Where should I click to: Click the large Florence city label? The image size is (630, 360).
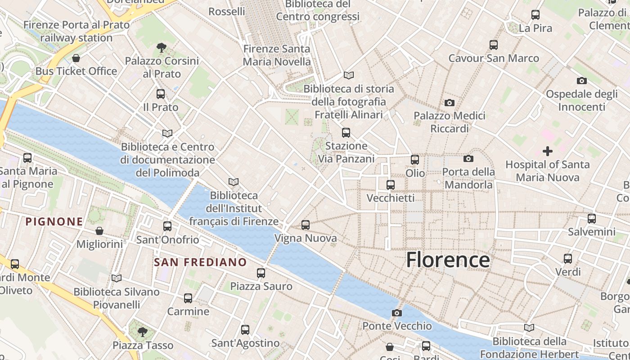[x=448, y=260]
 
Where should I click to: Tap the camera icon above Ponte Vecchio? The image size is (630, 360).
[x=396, y=313]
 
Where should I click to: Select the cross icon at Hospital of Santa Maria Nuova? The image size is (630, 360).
[x=547, y=151]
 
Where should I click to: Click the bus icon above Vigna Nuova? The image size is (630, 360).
[x=306, y=225]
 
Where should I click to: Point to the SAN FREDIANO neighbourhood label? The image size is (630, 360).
[x=200, y=262]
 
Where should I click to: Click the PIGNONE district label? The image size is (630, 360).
[x=54, y=221]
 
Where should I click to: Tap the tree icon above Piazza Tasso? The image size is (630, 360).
[x=143, y=332]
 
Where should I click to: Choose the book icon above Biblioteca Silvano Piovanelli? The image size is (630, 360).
[x=117, y=279]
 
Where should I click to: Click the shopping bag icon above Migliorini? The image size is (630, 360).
[x=99, y=231]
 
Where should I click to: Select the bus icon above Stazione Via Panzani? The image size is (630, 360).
[x=346, y=133]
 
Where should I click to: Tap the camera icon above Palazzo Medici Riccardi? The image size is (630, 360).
[x=449, y=103]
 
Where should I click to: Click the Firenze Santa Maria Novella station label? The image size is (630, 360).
[x=277, y=55]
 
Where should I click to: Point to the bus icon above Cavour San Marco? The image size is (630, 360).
[x=494, y=45]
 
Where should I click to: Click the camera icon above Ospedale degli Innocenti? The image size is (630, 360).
[x=581, y=81]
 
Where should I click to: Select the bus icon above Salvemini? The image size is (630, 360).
[x=591, y=219]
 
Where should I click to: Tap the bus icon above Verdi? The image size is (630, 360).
[x=568, y=259]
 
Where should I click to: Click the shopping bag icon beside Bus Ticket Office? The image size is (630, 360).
[x=76, y=58]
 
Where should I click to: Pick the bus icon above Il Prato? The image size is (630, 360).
[x=161, y=94]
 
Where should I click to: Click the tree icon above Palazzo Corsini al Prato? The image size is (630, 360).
[x=161, y=47]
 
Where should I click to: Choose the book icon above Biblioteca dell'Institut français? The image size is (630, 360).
[x=233, y=182]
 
